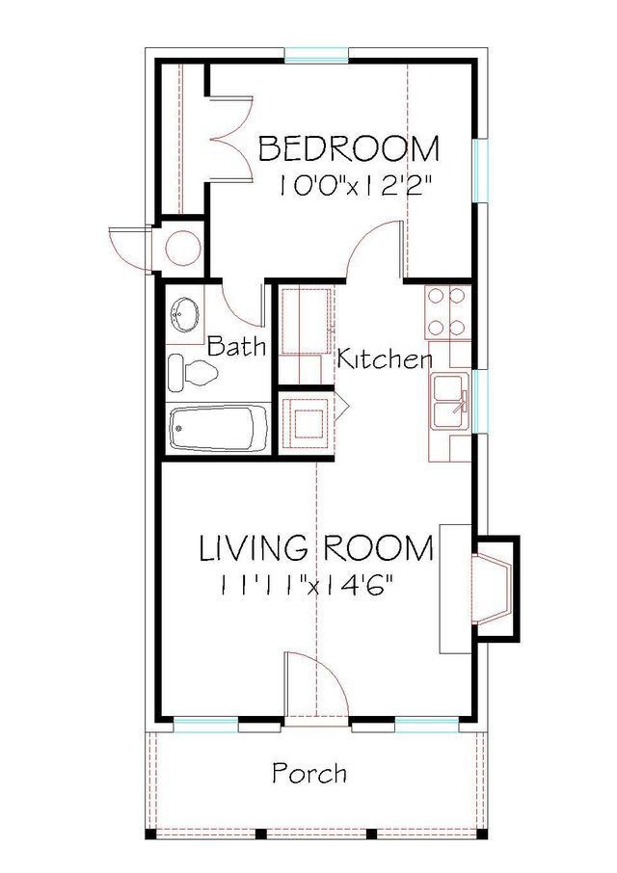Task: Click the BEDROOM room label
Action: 349,149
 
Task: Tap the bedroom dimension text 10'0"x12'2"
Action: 361,186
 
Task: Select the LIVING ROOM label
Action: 316,548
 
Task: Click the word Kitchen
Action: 384,360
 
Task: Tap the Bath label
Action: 236,346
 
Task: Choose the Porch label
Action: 308,773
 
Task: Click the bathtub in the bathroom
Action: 219,428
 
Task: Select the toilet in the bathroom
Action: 189,372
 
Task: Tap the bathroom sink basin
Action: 183,312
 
